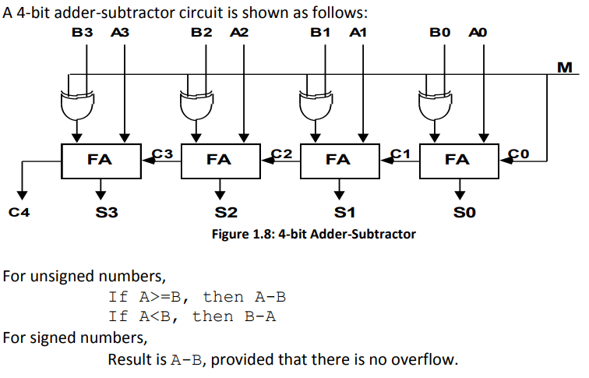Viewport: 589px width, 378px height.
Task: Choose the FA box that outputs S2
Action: coord(220,161)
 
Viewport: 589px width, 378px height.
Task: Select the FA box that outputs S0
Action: coord(460,161)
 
